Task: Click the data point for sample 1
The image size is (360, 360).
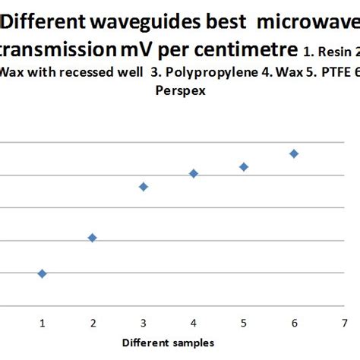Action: coord(42,273)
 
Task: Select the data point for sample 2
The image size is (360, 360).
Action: coord(92,238)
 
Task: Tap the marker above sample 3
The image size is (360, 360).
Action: coord(143,187)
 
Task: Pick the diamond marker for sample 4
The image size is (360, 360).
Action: coord(194,174)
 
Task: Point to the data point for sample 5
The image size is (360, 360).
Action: coord(244,166)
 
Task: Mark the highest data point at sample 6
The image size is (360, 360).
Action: coord(294,153)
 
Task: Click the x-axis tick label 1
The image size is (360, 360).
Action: coord(42,323)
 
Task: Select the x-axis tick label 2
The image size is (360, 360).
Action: coord(92,323)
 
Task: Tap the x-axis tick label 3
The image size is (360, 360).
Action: coord(143,323)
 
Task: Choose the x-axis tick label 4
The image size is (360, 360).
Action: coord(194,323)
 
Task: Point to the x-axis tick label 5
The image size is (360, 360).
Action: coord(244,323)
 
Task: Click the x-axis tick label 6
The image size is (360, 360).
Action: coord(294,323)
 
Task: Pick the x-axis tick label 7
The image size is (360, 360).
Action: coord(344,323)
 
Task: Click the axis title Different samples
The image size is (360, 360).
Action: coord(169,343)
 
